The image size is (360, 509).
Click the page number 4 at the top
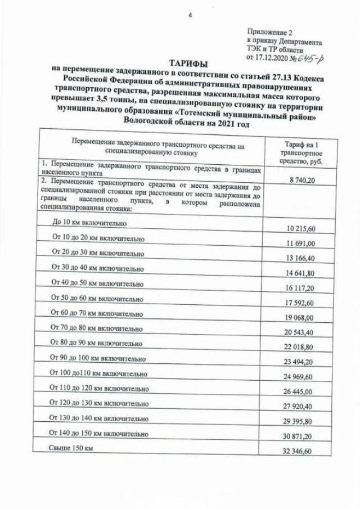click(190, 15)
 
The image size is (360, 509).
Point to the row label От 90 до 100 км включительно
click(98, 358)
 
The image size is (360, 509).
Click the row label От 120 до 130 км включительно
click(98, 403)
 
